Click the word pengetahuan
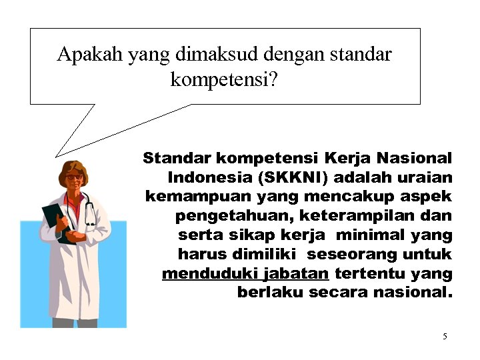(235, 216)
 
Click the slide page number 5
(445, 336)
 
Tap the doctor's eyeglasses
(75, 177)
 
